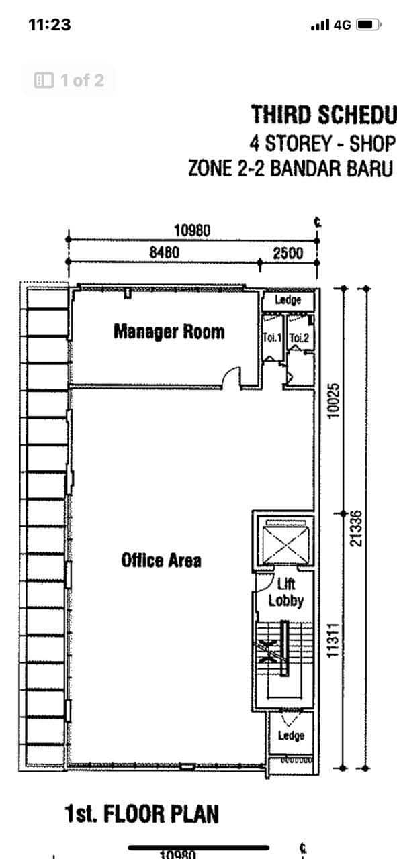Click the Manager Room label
pyautogui.click(x=169, y=332)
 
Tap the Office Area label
pyautogui.click(x=161, y=560)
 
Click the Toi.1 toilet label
pyautogui.click(x=273, y=338)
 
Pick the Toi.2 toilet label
pyautogui.click(x=299, y=338)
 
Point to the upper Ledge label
pyautogui.click(x=288, y=300)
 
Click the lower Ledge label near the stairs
pyautogui.click(x=291, y=736)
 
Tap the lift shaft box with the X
pyautogui.click(x=283, y=543)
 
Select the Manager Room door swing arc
pyautogui.click(x=231, y=378)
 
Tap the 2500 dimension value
pyautogui.click(x=288, y=253)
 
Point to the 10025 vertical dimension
pyautogui.click(x=331, y=401)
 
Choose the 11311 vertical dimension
pyautogui.click(x=331, y=641)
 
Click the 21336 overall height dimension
pyautogui.click(x=356, y=528)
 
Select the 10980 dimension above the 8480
pyautogui.click(x=192, y=231)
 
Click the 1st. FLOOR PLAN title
pyautogui.click(x=142, y=815)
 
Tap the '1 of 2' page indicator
pyautogui.click(x=69, y=81)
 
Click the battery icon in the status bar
pyautogui.click(x=368, y=25)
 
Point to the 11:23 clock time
pyautogui.click(x=50, y=25)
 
